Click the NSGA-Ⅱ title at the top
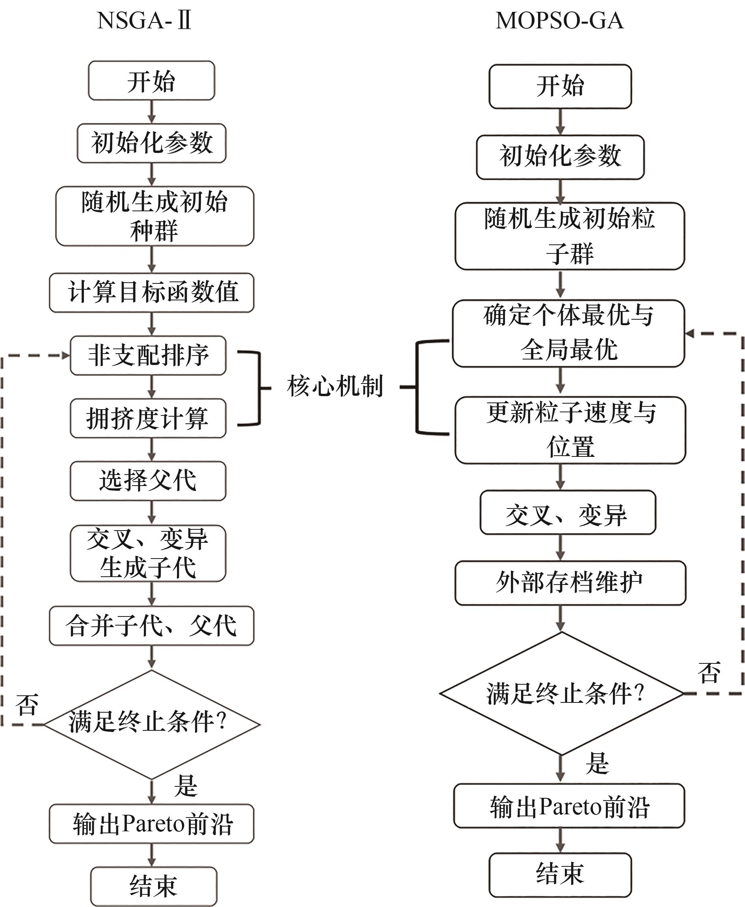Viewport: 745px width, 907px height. (x=144, y=20)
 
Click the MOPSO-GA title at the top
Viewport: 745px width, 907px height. (x=559, y=20)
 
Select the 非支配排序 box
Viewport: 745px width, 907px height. (x=148, y=355)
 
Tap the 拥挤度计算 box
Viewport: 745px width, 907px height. (x=148, y=418)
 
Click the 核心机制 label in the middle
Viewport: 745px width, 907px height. (x=335, y=386)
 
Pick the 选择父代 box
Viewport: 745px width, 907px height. (x=148, y=481)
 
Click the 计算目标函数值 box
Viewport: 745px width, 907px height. (x=151, y=292)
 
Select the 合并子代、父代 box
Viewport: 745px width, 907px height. (x=151, y=626)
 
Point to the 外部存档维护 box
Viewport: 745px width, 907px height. (x=570, y=583)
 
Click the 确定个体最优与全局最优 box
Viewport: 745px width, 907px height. (x=568, y=333)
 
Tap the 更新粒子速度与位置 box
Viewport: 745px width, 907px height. (x=570, y=430)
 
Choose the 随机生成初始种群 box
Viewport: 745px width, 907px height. (x=155, y=216)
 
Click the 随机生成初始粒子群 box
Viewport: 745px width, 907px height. (x=570, y=236)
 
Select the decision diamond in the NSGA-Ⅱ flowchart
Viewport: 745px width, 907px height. (x=152, y=724)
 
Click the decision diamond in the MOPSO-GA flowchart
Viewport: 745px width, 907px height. (x=561, y=693)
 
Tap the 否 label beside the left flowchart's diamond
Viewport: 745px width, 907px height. (x=27, y=704)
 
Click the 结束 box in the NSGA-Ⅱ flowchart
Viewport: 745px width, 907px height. (x=154, y=886)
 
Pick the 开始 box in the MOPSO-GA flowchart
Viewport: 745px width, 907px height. (x=560, y=86)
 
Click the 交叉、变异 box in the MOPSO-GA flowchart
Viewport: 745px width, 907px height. (x=567, y=513)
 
